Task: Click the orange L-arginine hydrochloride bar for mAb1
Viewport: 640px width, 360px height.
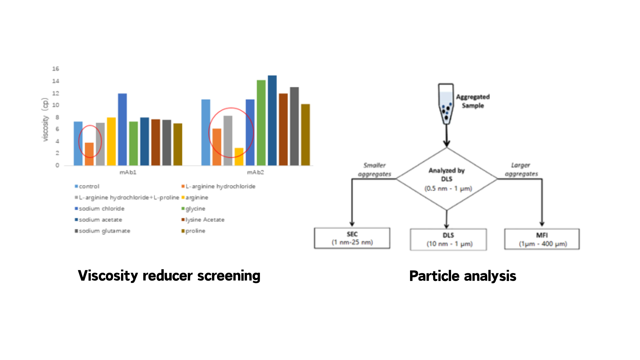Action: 89,154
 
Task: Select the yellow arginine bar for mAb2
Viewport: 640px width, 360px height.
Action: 239,157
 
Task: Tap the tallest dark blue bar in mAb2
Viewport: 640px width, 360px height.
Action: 272,120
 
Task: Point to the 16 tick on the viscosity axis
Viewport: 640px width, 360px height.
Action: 56,69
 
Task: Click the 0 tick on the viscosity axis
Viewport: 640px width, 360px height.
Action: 57,165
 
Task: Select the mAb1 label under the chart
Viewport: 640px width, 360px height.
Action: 128,172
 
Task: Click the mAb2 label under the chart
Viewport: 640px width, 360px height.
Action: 255,172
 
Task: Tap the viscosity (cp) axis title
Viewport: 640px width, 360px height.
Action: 45,120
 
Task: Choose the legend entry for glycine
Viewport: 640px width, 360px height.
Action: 195,209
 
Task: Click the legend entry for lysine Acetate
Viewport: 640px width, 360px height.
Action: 205,220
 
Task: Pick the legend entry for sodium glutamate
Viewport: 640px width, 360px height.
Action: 104,231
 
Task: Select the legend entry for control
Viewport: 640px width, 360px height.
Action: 89,186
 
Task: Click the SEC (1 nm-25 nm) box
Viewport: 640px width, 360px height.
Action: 352,238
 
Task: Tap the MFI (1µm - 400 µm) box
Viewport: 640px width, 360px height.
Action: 542,239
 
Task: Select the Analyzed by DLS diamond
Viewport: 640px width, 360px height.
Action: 447,179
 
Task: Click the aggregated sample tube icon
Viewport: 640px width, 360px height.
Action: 446,104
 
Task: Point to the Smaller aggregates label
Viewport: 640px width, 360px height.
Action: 374,170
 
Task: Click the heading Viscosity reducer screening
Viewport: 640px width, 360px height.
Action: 169,276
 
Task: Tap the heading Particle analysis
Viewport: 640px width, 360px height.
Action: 463,276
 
